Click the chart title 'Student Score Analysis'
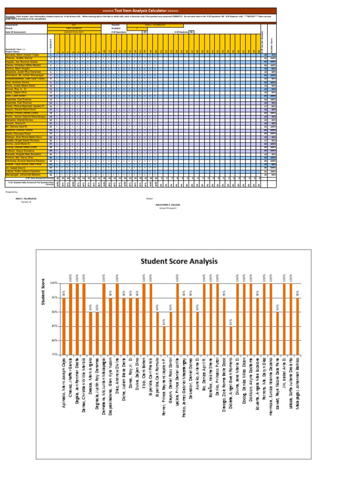pos(177,261)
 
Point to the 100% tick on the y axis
pos(54,283)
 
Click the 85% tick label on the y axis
pos(54,326)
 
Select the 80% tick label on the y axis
pos(54,340)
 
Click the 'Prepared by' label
pos(11,192)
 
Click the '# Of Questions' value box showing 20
pos(144,32)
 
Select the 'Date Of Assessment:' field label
pos(16,32)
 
